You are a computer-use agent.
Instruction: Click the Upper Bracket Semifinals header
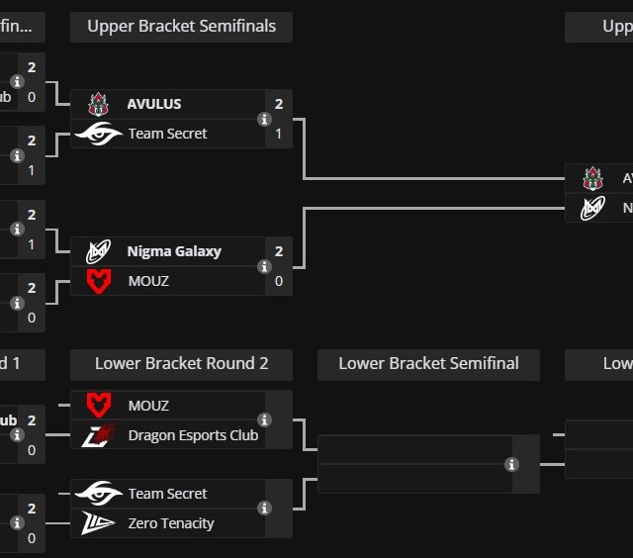point(181,27)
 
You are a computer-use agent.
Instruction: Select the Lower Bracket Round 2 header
point(181,364)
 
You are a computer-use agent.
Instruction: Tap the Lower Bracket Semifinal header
point(428,364)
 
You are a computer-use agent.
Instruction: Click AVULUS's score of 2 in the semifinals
point(279,104)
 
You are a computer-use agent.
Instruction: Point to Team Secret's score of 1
point(279,134)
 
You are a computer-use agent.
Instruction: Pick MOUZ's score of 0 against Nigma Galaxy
point(279,281)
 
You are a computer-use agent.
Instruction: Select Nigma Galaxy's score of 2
point(279,251)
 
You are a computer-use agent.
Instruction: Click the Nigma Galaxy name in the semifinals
point(174,251)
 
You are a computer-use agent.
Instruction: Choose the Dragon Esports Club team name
point(193,435)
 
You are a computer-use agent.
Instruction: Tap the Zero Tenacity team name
point(171,523)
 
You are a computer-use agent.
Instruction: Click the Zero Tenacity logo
point(99,523)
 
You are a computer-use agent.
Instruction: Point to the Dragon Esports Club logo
point(99,435)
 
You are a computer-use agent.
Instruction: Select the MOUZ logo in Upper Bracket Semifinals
point(99,281)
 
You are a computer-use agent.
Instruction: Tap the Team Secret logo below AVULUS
point(99,134)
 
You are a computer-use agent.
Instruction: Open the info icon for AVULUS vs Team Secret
point(264,119)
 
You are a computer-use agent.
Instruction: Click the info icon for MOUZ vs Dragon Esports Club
point(264,420)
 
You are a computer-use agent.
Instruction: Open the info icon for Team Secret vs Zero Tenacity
point(264,509)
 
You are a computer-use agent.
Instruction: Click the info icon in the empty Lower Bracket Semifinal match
point(511,464)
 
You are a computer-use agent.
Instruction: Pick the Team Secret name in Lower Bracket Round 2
point(167,494)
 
